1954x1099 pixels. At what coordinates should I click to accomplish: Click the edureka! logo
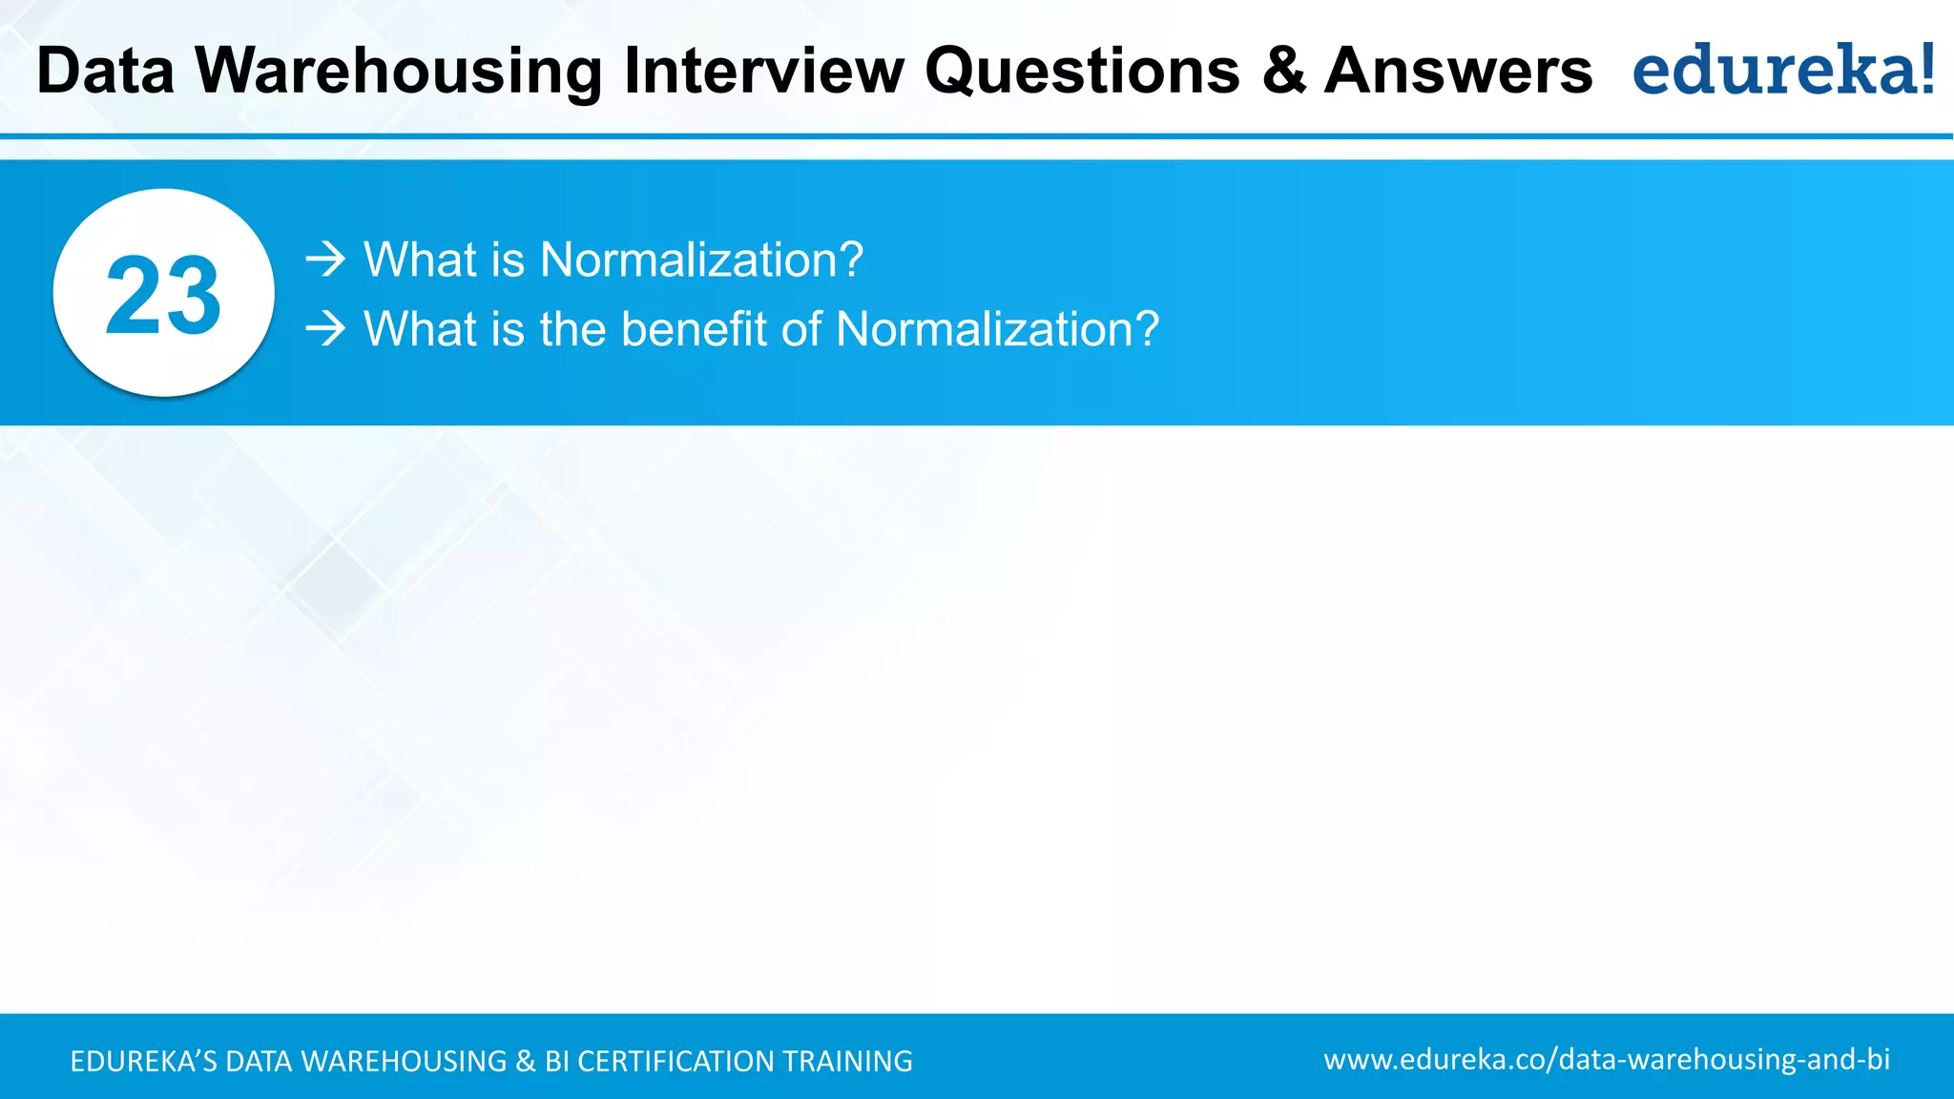coord(1782,71)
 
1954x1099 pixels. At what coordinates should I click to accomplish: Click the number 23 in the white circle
coord(163,296)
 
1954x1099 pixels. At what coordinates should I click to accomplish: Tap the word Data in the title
coord(106,72)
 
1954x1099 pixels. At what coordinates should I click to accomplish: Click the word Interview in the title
coord(763,72)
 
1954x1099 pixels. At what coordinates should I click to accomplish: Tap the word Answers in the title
coord(1458,72)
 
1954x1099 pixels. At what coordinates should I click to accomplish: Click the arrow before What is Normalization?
coord(325,259)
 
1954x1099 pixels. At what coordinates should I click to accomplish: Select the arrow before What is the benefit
coord(325,329)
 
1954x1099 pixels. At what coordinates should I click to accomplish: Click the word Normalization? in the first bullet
coord(701,259)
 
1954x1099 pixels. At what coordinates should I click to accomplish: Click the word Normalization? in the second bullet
coord(997,329)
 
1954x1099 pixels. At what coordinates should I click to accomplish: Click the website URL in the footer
coord(1607,1060)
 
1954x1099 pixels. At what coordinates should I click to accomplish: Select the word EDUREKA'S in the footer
coord(143,1062)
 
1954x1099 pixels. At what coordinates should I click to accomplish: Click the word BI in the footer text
coord(557,1062)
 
